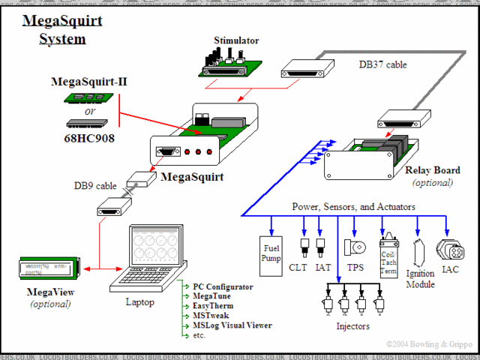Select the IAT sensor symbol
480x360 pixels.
point(321,246)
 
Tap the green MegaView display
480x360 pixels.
point(46,268)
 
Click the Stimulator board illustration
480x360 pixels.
point(226,63)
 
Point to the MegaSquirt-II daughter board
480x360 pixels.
point(91,97)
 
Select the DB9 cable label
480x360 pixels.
point(95,185)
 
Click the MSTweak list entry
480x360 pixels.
point(211,316)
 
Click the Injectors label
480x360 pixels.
point(352,327)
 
